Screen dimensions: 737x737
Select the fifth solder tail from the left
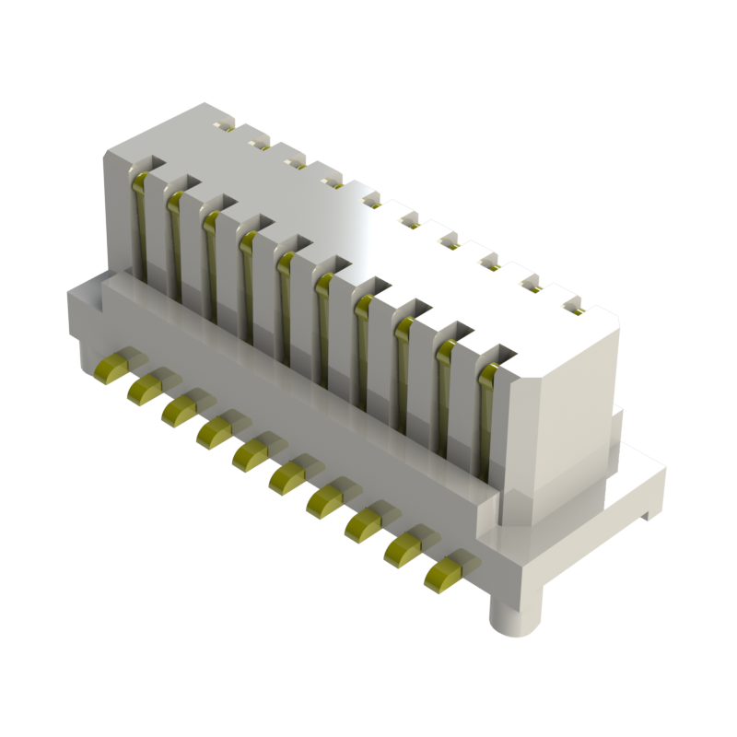pyautogui.click(x=250, y=451)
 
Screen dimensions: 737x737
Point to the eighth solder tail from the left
pyautogui.click(x=360, y=522)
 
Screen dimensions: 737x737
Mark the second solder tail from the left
pyautogui.click(x=146, y=386)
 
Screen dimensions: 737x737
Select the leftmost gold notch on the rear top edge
pyautogui.click(x=224, y=123)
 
